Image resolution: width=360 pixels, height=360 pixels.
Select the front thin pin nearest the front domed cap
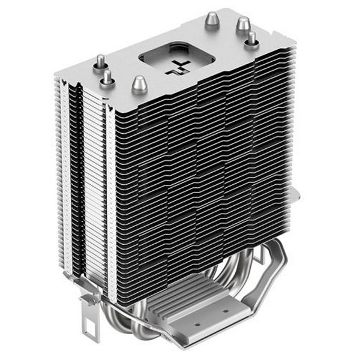[107, 77]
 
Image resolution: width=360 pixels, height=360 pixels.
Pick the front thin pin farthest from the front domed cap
[100, 61]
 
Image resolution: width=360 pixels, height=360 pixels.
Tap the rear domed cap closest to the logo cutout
[212, 20]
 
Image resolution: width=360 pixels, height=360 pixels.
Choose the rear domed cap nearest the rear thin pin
[242, 25]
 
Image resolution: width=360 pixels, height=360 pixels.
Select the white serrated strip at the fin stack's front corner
[110, 198]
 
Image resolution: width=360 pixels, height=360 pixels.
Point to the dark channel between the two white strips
[74, 186]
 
